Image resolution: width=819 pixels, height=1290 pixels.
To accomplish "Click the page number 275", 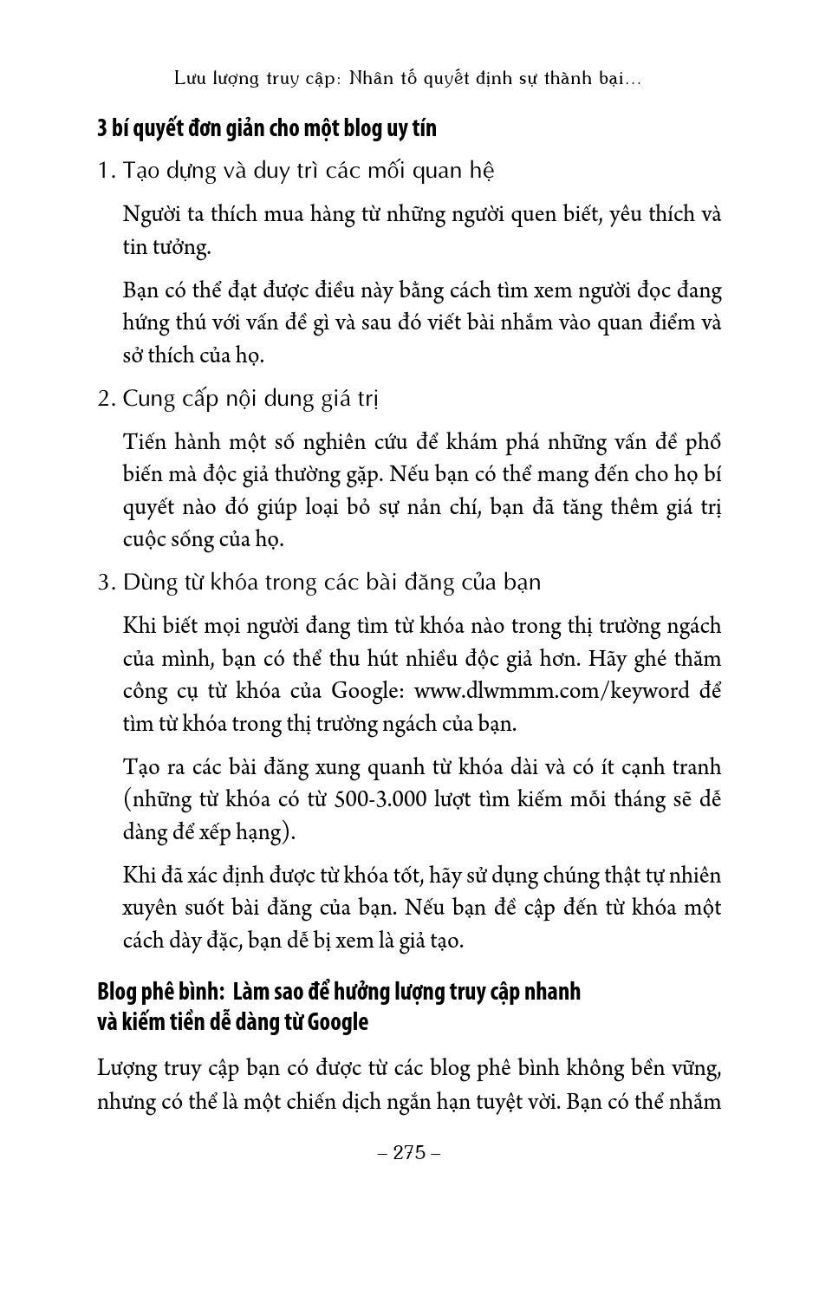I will [410, 1152].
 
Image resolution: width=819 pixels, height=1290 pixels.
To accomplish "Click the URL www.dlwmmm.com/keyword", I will [552, 691].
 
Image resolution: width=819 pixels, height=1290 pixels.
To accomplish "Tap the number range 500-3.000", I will [380, 798].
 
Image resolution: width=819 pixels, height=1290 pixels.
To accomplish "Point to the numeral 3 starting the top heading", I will [102, 128].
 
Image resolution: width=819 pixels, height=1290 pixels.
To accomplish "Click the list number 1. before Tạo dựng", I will [107, 171].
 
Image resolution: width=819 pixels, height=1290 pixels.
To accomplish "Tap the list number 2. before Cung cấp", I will [107, 399].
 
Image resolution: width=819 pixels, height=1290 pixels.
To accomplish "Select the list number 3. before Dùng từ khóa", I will [107, 583].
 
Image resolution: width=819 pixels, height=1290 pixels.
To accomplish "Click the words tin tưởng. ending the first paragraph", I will [166, 247].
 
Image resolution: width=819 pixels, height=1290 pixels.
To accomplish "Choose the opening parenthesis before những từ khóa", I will [127, 799].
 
